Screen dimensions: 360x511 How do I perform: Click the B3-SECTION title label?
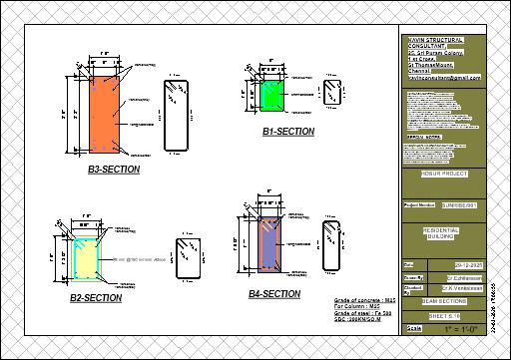pyautogui.click(x=114, y=170)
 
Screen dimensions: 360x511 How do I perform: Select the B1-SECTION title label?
pyautogui.click(x=288, y=132)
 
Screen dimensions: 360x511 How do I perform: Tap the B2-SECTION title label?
pyautogui.click(x=96, y=298)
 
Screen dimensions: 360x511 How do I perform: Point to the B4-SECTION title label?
pyautogui.click(x=274, y=294)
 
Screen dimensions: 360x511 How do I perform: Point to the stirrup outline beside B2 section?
pyautogui.click(x=186, y=258)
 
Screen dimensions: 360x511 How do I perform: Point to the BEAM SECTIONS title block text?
pyautogui.click(x=444, y=299)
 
